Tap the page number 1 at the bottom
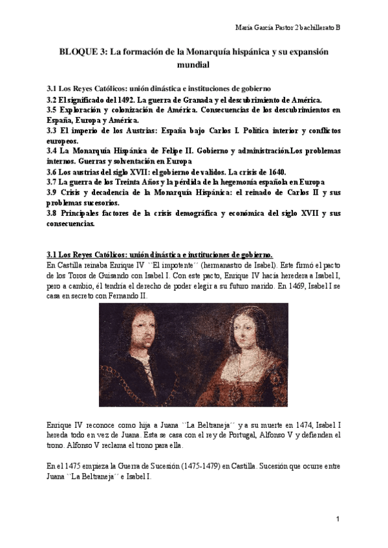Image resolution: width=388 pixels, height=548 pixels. [338, 519]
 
